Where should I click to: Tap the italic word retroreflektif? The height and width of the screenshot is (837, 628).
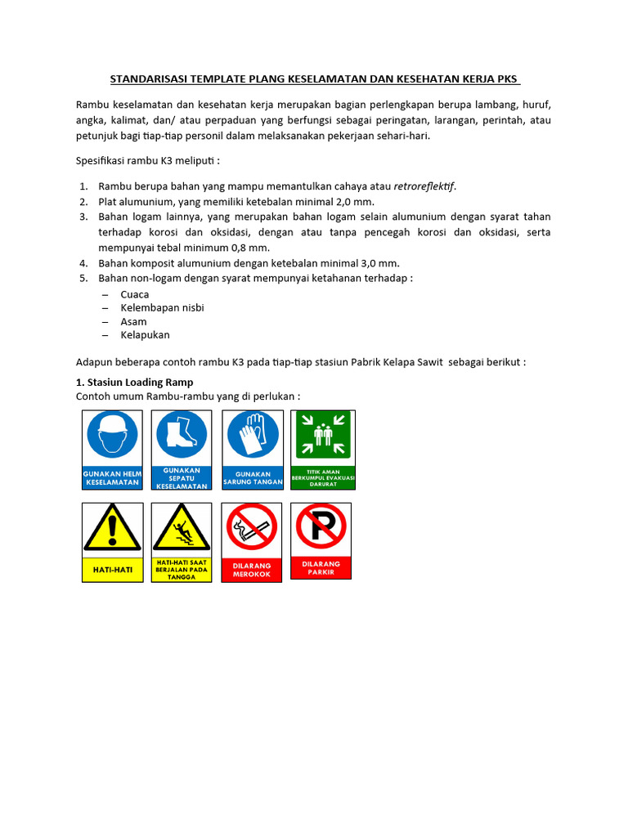tap(424, 186)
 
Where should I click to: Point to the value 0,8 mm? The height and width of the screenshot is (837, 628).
tap(250, 248)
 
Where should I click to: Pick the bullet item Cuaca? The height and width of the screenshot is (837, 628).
tap(134, 293)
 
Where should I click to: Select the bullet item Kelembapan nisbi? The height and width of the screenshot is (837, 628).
tap(162, 307)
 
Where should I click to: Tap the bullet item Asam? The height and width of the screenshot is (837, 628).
tap(133, 321)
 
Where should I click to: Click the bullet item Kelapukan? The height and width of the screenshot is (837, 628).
tap(145, 335)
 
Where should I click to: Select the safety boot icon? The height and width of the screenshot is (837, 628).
tap(182, 433)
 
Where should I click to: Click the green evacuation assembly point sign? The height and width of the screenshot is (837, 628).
tap(323, 450)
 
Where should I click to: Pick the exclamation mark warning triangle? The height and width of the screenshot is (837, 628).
tap(113, 530)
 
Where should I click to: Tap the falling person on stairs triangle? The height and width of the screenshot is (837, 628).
tap(182, 530)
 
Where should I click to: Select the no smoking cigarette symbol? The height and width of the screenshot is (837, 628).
tap(252, 529)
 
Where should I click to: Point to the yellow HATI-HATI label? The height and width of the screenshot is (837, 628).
tap(113, 568)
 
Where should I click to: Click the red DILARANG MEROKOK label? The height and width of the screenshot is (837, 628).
tap(252, 569)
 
